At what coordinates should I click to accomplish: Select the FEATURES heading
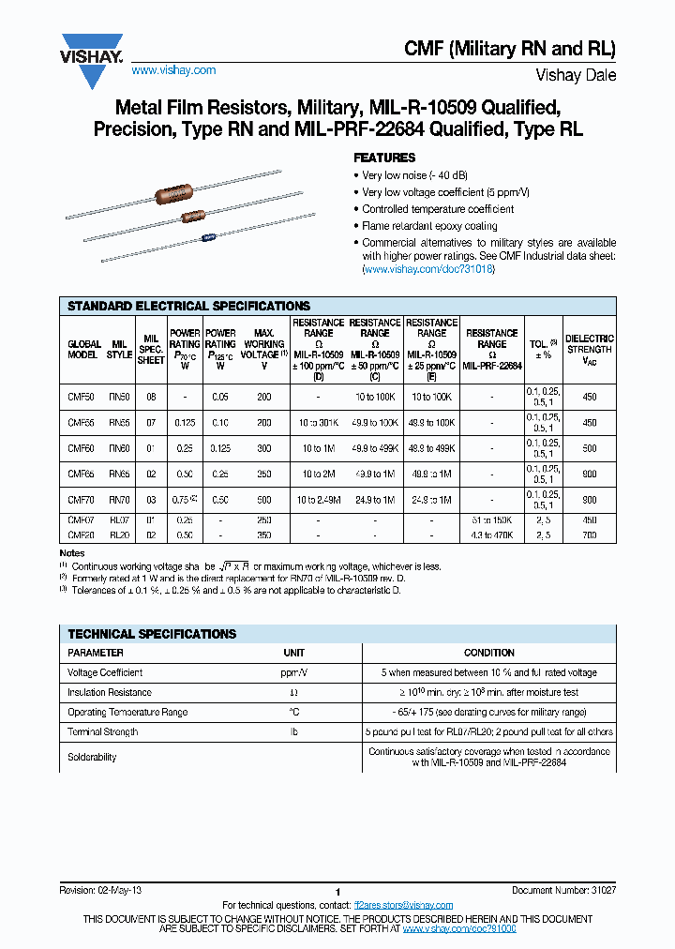tap(383, 158)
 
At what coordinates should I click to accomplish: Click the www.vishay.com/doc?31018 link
tap(428, 269)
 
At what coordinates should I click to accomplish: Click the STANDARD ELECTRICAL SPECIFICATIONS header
tap(188, 306)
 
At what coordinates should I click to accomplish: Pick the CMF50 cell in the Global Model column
tap(82, 397)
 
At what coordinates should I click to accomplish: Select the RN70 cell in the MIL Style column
tap(119, 501)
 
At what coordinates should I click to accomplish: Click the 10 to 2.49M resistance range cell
tap(319, 501)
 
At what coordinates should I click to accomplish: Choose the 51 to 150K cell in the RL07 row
tap(491, 520)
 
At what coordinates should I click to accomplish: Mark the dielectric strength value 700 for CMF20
tap(589, 534)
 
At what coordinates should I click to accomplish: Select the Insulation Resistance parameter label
tap(110, 692)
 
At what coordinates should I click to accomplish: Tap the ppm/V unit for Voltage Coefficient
tap(294, 672)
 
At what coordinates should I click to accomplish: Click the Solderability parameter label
tap(93, 757)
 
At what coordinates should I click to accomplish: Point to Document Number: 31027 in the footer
tap(563, 889)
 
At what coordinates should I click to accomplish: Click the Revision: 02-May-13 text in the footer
tap(100, 889)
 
